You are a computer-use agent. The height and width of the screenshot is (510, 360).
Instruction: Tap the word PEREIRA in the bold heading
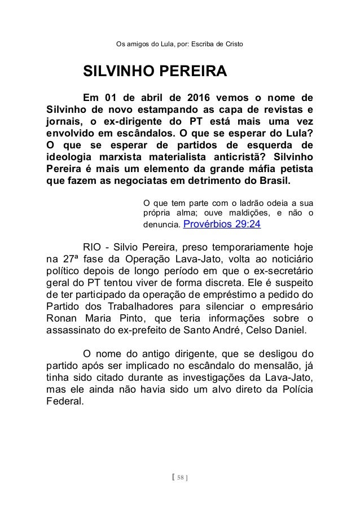tap(194, 72)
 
